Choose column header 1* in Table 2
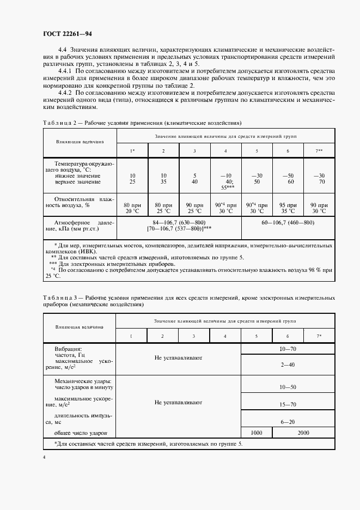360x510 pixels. [132, 150]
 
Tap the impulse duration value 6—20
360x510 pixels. [288, 422]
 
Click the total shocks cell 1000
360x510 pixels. [257, 433]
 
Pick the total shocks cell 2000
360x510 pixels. [303, 433]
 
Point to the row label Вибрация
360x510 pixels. [68, 348]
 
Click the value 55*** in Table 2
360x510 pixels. [225, 186]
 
